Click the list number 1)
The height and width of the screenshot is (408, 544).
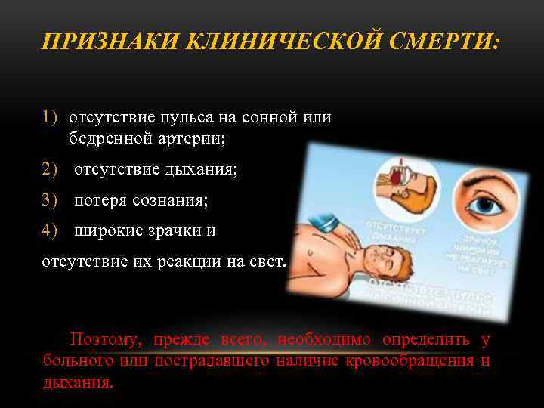point(50,118)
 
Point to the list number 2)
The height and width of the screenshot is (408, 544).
point(50,170)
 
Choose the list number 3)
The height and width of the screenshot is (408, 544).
point(50,201)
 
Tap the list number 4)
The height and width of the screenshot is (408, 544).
point(50,231)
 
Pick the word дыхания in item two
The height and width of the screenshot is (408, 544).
point(202,170)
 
